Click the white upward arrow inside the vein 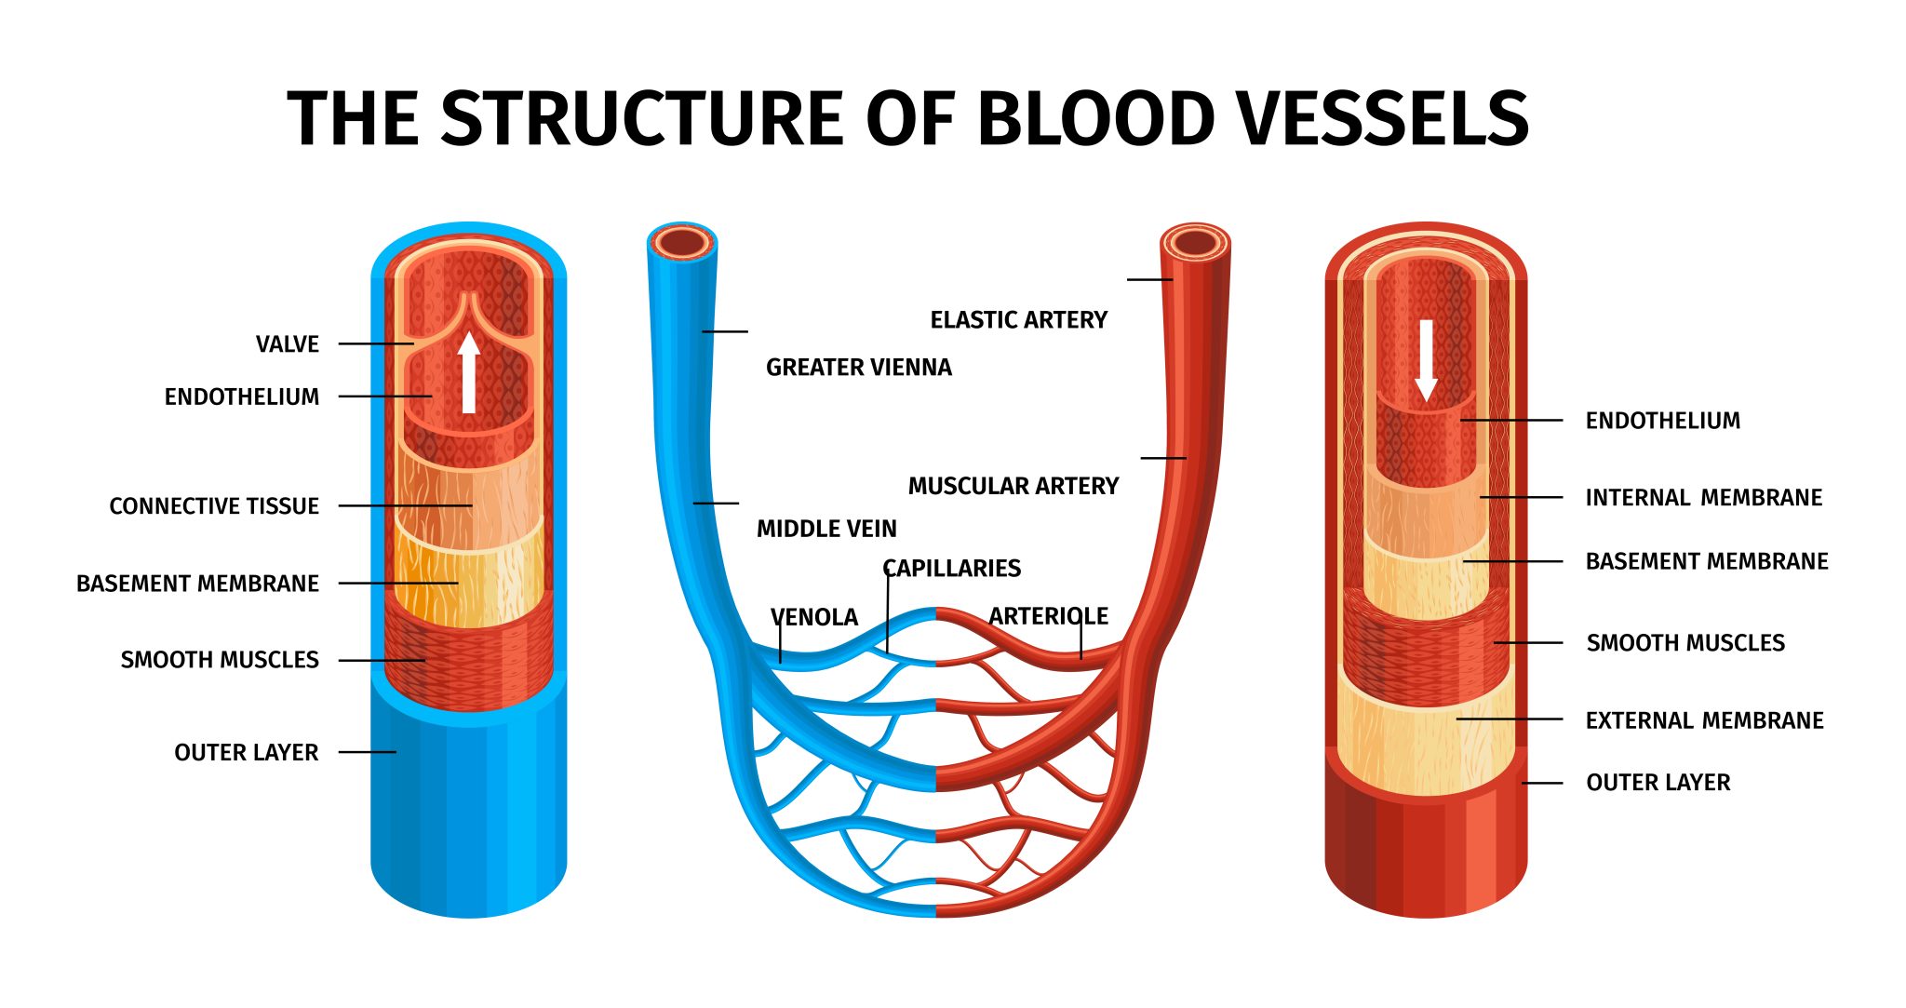coord(469,372)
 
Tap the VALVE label coord(288,344)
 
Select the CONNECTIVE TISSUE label coord(214,506)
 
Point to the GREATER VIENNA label coord(858,368)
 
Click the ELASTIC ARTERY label coord(1018,320)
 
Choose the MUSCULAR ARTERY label coord(1013,486)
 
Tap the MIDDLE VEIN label coord(826,529)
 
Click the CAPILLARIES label coord(951,568)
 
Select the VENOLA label coord(814,617)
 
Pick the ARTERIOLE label coord(1048,616)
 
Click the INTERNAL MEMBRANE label coord(1703,498)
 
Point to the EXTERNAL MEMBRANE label coord(1704,720)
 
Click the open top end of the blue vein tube coord(682,243)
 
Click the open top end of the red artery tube coord(1196,243)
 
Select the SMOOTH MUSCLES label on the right coord(1685,643)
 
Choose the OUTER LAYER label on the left coord(246,752)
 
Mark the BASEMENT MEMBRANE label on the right coord(1707,561)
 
